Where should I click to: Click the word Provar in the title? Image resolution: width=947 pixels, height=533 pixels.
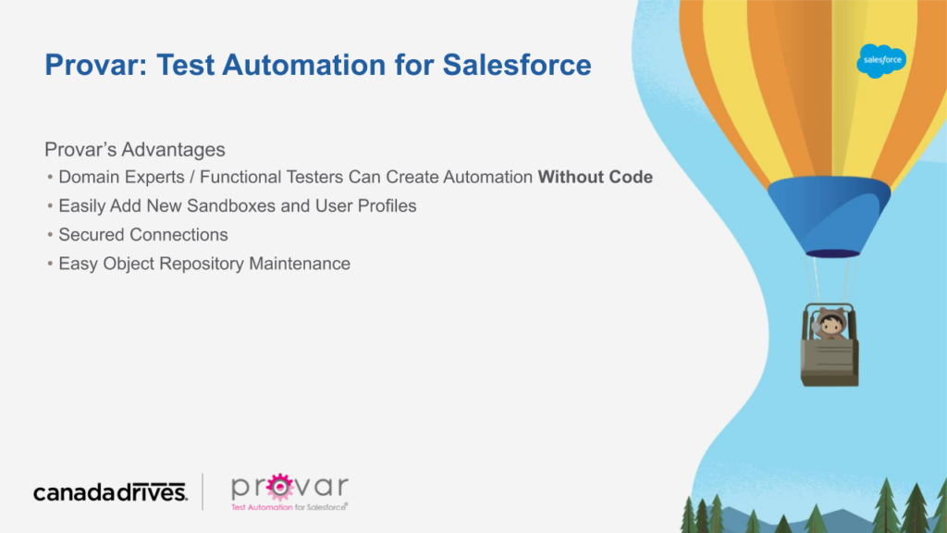(x=96, y=65)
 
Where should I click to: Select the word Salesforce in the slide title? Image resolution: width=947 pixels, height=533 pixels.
(x=517, y=65)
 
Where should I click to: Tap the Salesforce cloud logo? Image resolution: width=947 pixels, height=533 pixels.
(x=881, y=60)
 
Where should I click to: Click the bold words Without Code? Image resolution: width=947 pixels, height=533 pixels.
(x=595, y=177)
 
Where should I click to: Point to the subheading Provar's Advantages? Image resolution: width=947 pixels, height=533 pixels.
(x=135, y=149)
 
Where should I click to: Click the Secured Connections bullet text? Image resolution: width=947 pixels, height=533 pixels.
(x=143, y=234)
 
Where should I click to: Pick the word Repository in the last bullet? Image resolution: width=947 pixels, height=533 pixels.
(x=201, y=264)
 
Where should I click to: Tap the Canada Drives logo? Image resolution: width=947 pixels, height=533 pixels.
(x=111, y=492)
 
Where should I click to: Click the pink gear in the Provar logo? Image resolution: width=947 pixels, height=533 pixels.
(x=279, y=487)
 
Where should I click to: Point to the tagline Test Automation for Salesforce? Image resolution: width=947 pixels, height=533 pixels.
(x=289, y=507)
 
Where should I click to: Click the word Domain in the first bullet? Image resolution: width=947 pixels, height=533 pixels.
(x=89, y=177)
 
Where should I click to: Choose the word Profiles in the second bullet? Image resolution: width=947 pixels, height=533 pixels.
(x=387, y=205)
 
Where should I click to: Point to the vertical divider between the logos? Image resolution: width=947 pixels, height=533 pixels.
(x=203, y=492)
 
